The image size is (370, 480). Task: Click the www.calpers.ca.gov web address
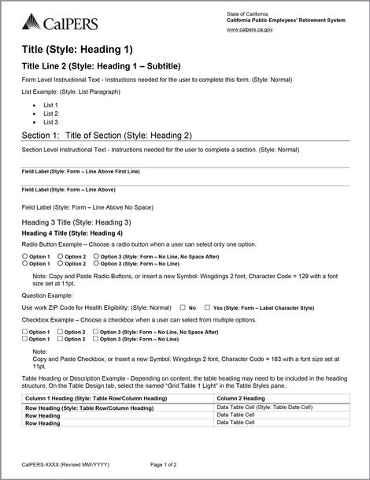click(x=250, y=29)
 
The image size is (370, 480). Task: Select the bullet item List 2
click(x=50, y=113)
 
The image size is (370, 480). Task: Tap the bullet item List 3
click(x=50, y=122)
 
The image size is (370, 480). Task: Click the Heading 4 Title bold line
click(x=72, y=233)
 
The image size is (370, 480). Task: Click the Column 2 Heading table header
click(x=241, y=400)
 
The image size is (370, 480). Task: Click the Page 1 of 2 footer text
click(x=169, y=466)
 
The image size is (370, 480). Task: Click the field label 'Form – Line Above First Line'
click(x=80, y=171)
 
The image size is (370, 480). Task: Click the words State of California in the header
click(x=246, y=14)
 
